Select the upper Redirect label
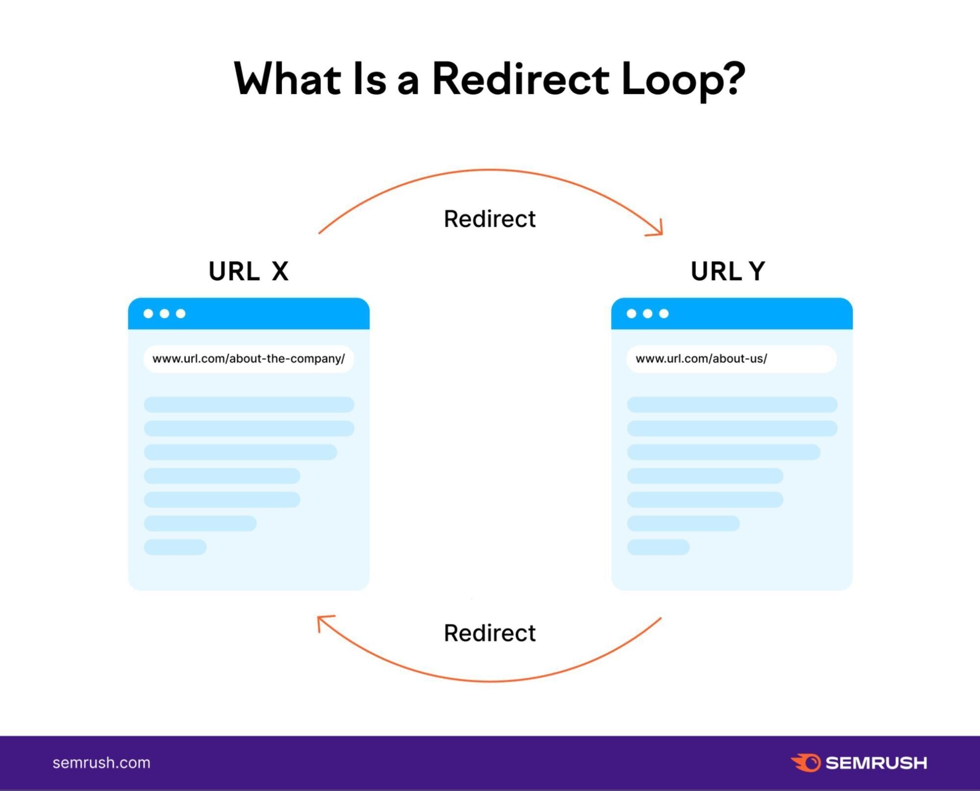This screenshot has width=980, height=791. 489,219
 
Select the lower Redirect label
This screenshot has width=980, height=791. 489,633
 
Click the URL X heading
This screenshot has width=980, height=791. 249,272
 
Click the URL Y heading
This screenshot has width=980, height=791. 728,272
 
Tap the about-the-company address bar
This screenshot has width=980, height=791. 249,359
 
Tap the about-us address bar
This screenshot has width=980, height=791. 731,359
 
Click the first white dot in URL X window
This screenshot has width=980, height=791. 148,314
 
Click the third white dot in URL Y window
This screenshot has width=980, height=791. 664,314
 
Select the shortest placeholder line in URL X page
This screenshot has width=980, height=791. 175,547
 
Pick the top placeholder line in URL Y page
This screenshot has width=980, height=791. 731,405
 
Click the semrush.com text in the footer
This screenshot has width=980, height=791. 101,763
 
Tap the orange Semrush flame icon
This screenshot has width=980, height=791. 805,763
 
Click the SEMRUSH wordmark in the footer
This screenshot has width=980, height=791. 876,763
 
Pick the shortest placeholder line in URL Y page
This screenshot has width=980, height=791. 658,547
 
